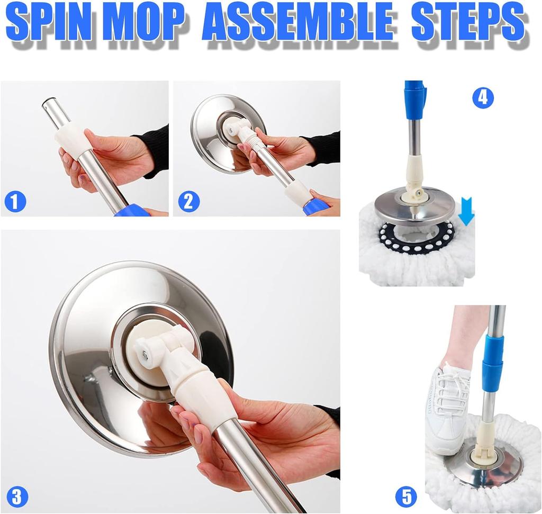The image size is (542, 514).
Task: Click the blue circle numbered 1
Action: pos(15,202)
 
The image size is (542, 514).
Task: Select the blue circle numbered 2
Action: pos(188,202)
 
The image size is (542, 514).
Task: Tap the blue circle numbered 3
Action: pos(16,496)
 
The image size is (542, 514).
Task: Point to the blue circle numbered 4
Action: pos(483,98)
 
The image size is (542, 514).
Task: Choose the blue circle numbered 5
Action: pos(406,497)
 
